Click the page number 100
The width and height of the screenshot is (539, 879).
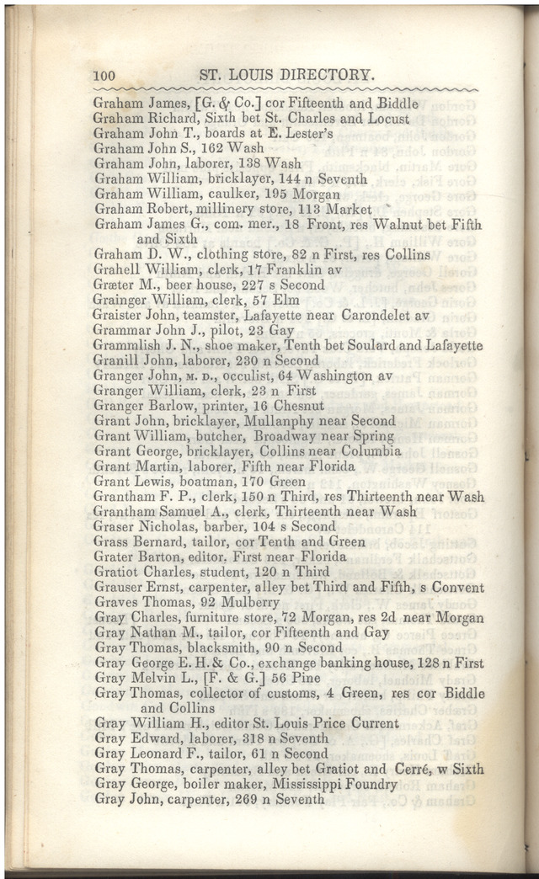point(104,76)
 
